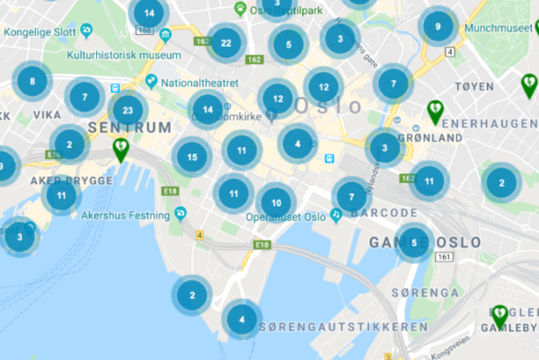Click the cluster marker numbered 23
(x=128, y=111)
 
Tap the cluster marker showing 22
(x=225, y=42)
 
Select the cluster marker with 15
(x=192, y=157)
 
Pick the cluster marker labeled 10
(x=276, y=202)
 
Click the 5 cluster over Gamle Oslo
(x=413, y=242)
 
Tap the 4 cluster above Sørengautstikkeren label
(x=241, y=319)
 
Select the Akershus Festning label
(x=125, y=215)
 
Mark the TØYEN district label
(x=475, y=87)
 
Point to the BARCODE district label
(x=384, y=213)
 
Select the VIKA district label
(x=47, y=116)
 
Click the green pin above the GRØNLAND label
(x=435, y=110)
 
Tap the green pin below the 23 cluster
(x=120, y=148)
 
